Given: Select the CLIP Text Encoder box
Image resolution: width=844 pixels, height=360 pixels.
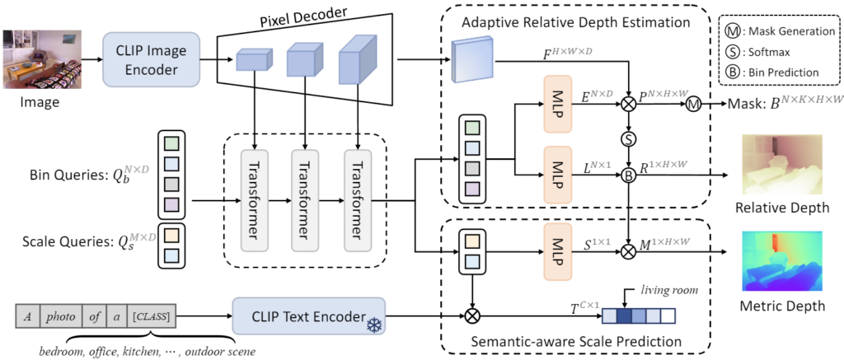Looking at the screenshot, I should [x=309, y=316].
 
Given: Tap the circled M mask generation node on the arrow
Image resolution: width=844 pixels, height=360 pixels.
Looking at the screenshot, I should [x=693, y=105].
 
